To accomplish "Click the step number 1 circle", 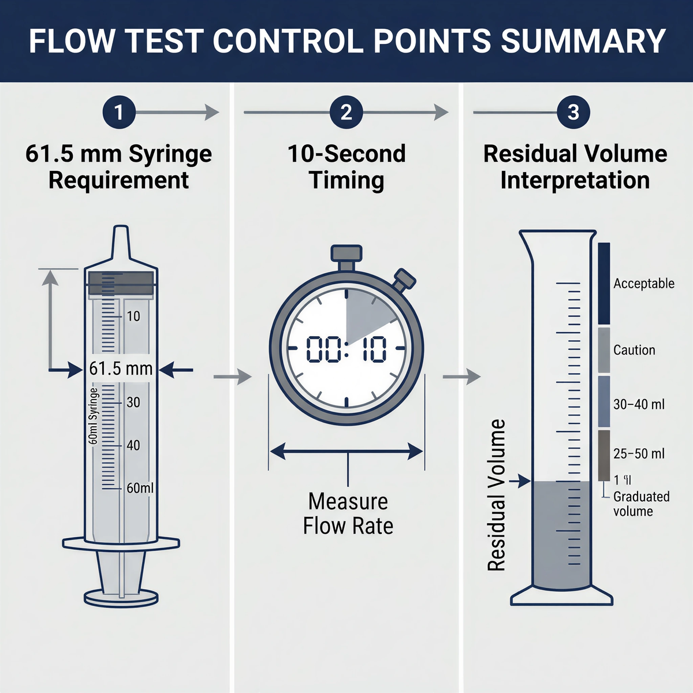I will [x=119, y=112].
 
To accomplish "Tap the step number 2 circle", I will [x=346, y=112].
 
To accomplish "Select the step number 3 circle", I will [x=573, y=112].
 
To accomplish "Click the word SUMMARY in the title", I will [x=583, y=42].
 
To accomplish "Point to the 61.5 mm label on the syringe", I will [x=121, y=368].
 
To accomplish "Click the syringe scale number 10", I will [x=133, y=316].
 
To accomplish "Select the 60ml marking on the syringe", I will [x=140, y=488].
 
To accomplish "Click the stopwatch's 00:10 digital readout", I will [x=346, y=349].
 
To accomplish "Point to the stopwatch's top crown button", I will [x=346, y=254].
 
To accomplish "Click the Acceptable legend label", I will [x=643, y=284].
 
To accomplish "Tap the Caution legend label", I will [x=634, y=350].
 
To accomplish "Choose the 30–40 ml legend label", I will [x=639, y=404].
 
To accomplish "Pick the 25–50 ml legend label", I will [x=639, y=454].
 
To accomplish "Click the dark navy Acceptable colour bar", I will [x=603, y=283].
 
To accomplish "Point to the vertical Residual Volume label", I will [x=497, y=495].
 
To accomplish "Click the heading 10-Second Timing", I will [x=346, y=167].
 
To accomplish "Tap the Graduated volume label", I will [x=640, y=504].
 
